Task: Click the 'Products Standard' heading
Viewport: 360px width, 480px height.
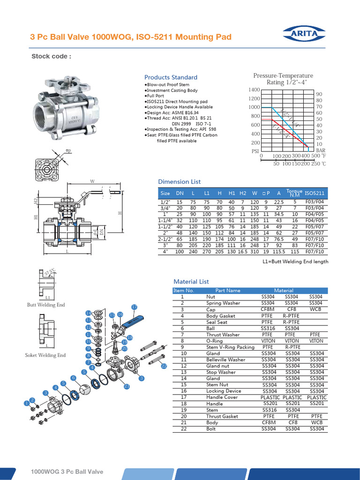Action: tap(171, 77)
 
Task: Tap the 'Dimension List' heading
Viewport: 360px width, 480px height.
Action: tap(179, 181)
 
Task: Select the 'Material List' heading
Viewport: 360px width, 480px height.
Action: tap(191, 282)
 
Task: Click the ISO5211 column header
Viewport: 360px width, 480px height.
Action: tap(315, 193)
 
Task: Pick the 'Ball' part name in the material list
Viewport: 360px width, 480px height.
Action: tap(210, 328)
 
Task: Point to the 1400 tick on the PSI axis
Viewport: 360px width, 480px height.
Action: tap(254, 90)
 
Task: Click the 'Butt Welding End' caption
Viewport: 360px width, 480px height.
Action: tap(46, 305)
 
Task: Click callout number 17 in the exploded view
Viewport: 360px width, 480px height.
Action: tap(134, 307)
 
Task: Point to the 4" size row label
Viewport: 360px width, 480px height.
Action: tap(165, 252)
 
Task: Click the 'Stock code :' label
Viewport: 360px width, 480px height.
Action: tap(51, 57)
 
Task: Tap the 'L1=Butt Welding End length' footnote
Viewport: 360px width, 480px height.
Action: tap(295, 262)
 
